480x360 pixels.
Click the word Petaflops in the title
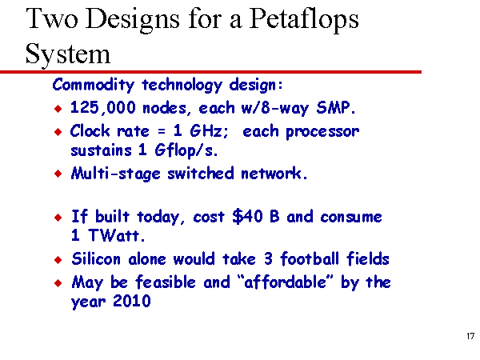(304, 19)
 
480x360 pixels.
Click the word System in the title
(68, 54)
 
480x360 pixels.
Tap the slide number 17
(470, 336)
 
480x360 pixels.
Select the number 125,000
(103, 108)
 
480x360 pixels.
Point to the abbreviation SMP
(336, 107)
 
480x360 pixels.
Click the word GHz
(209, 131)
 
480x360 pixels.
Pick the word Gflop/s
(186, 150)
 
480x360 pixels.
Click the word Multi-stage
(116, 174)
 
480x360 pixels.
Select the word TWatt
(116, 235)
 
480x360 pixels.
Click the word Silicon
(96, 259)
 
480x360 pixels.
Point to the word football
(310, 258)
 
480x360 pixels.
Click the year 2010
(132, 301)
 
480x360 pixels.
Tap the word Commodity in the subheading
(94, 85)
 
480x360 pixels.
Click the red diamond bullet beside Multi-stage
(58, 174)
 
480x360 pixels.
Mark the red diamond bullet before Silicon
(58, 260)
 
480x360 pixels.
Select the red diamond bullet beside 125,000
(58, 108)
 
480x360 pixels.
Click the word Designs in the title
(132, 20)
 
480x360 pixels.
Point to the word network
(274, 174)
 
